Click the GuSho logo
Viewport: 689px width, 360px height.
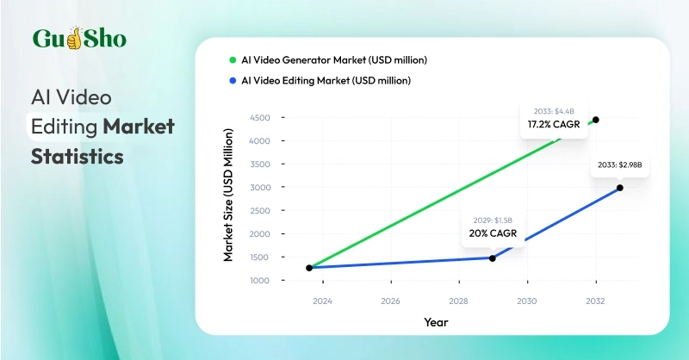79,40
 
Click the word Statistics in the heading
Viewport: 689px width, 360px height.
78,157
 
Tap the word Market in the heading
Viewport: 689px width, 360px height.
139,127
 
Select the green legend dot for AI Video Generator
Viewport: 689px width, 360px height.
232,60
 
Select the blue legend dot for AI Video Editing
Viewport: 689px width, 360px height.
232,81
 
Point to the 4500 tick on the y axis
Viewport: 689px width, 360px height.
259,118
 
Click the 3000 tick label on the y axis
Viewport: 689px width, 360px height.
259,188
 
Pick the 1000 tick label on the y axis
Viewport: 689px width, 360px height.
259,281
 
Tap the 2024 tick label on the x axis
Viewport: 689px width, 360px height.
322,301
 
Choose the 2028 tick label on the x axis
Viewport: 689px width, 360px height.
458,301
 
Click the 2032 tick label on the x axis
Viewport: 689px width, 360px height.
595,301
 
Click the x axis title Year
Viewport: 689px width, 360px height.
435,322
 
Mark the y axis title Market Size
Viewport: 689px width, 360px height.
229,196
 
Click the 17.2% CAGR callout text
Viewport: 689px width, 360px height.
556,125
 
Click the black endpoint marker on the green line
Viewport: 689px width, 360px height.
596,120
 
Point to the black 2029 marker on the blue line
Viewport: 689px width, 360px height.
492,258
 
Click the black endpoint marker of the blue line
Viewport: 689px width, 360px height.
619,188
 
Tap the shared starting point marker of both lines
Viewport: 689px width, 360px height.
309,268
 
